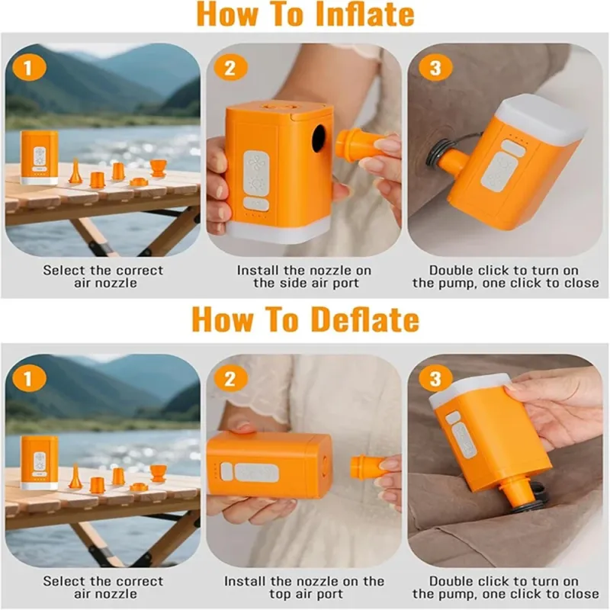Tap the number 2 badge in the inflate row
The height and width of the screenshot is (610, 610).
tap(230, 69)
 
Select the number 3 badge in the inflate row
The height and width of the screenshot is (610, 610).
tap(435, 69)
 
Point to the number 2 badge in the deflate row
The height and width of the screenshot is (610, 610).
tap(230, 379)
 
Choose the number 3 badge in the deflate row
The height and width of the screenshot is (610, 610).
tap(435, 379)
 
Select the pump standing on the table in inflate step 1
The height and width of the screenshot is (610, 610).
tap(40, 158)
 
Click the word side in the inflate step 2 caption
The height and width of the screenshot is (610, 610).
tap(300, 283)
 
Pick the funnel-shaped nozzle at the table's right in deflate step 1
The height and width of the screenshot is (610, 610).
tap(159, 473)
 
